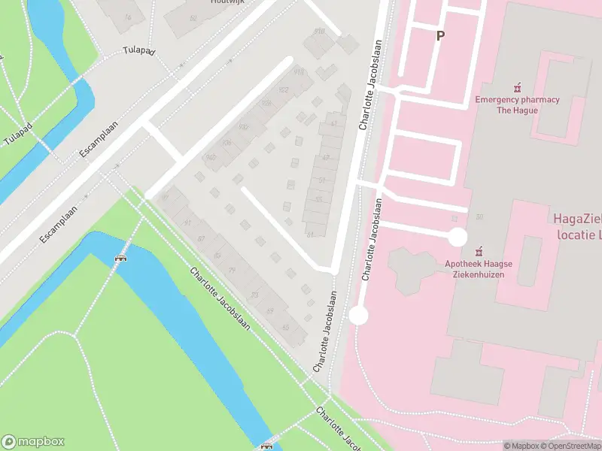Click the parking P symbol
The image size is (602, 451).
point(439,35)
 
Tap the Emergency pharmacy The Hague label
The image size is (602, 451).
point(517,104)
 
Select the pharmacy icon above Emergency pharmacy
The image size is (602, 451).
point(517,88)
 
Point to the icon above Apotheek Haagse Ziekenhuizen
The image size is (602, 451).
point(478,252)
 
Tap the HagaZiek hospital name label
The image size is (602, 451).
point(576,225)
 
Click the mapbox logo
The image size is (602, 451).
point(33,442)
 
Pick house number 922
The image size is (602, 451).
point(284,89)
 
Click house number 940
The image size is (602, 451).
point(211,157)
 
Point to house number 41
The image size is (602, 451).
point(333,123)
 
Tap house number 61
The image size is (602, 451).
point(309,234)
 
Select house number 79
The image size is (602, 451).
point(231,271)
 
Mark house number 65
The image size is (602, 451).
point(285,326)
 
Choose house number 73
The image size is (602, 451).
point(254,295)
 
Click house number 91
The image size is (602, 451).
point(188,222)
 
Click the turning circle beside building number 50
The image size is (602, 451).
point(457,237)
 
